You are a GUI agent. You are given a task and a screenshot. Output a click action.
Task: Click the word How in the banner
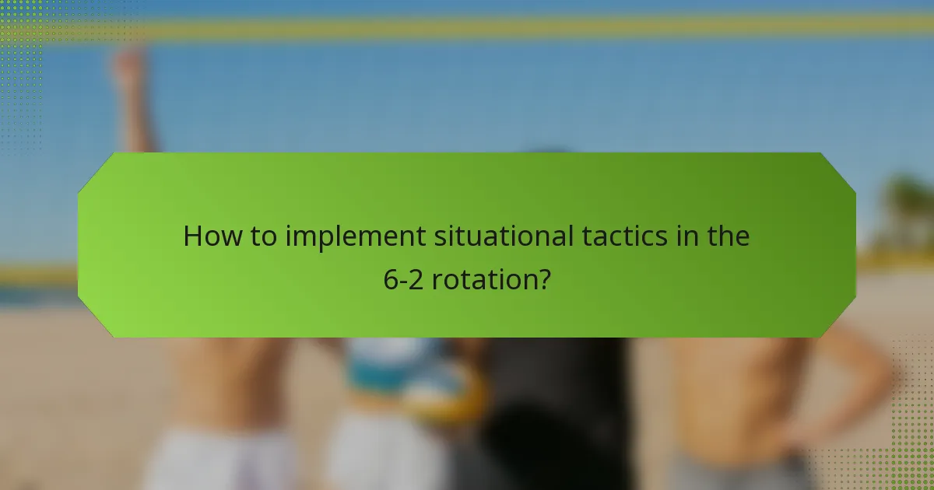coord(209,236)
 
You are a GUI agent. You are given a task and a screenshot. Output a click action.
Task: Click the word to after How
coord(261,236)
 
